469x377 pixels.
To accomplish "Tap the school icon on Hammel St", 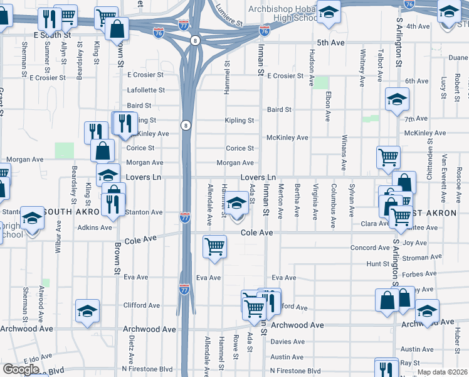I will point(236,204).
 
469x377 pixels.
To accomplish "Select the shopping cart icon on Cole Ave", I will point(215,246).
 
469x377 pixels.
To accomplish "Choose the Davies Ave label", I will point(288,342).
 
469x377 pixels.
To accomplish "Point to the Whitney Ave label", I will point(362,69).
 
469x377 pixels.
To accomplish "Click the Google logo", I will point(21,369).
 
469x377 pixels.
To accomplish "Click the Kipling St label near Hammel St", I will point(240,120).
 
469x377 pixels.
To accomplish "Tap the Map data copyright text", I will point(441,372).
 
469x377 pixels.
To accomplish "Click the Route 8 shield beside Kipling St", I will point(186,126).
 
